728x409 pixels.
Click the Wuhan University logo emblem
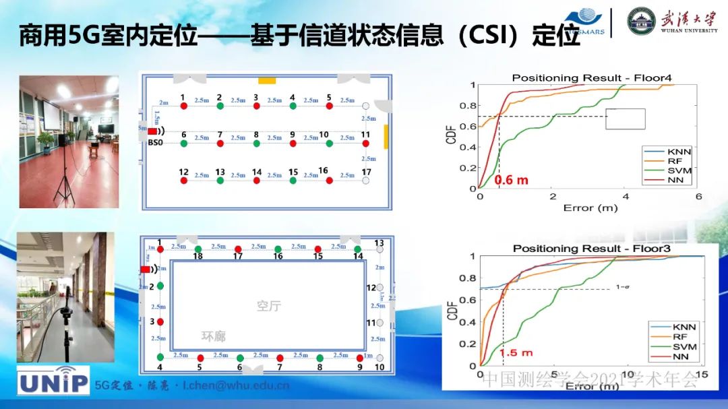(641, 22)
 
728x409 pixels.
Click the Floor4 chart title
(591, 77)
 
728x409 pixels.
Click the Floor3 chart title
(591, 249)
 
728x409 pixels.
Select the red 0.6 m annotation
(512, 181)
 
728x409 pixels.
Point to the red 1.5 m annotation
(516, 352)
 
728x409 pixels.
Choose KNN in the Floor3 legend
(684, 326)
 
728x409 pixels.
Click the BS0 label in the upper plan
(155, 143)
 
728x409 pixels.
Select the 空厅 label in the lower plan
(268, 306)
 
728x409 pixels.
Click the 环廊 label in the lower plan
(214, 336)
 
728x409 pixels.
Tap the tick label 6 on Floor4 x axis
(698, 196)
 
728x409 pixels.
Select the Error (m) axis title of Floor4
(590, 208)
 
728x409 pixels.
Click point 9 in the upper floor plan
(293, 143)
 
